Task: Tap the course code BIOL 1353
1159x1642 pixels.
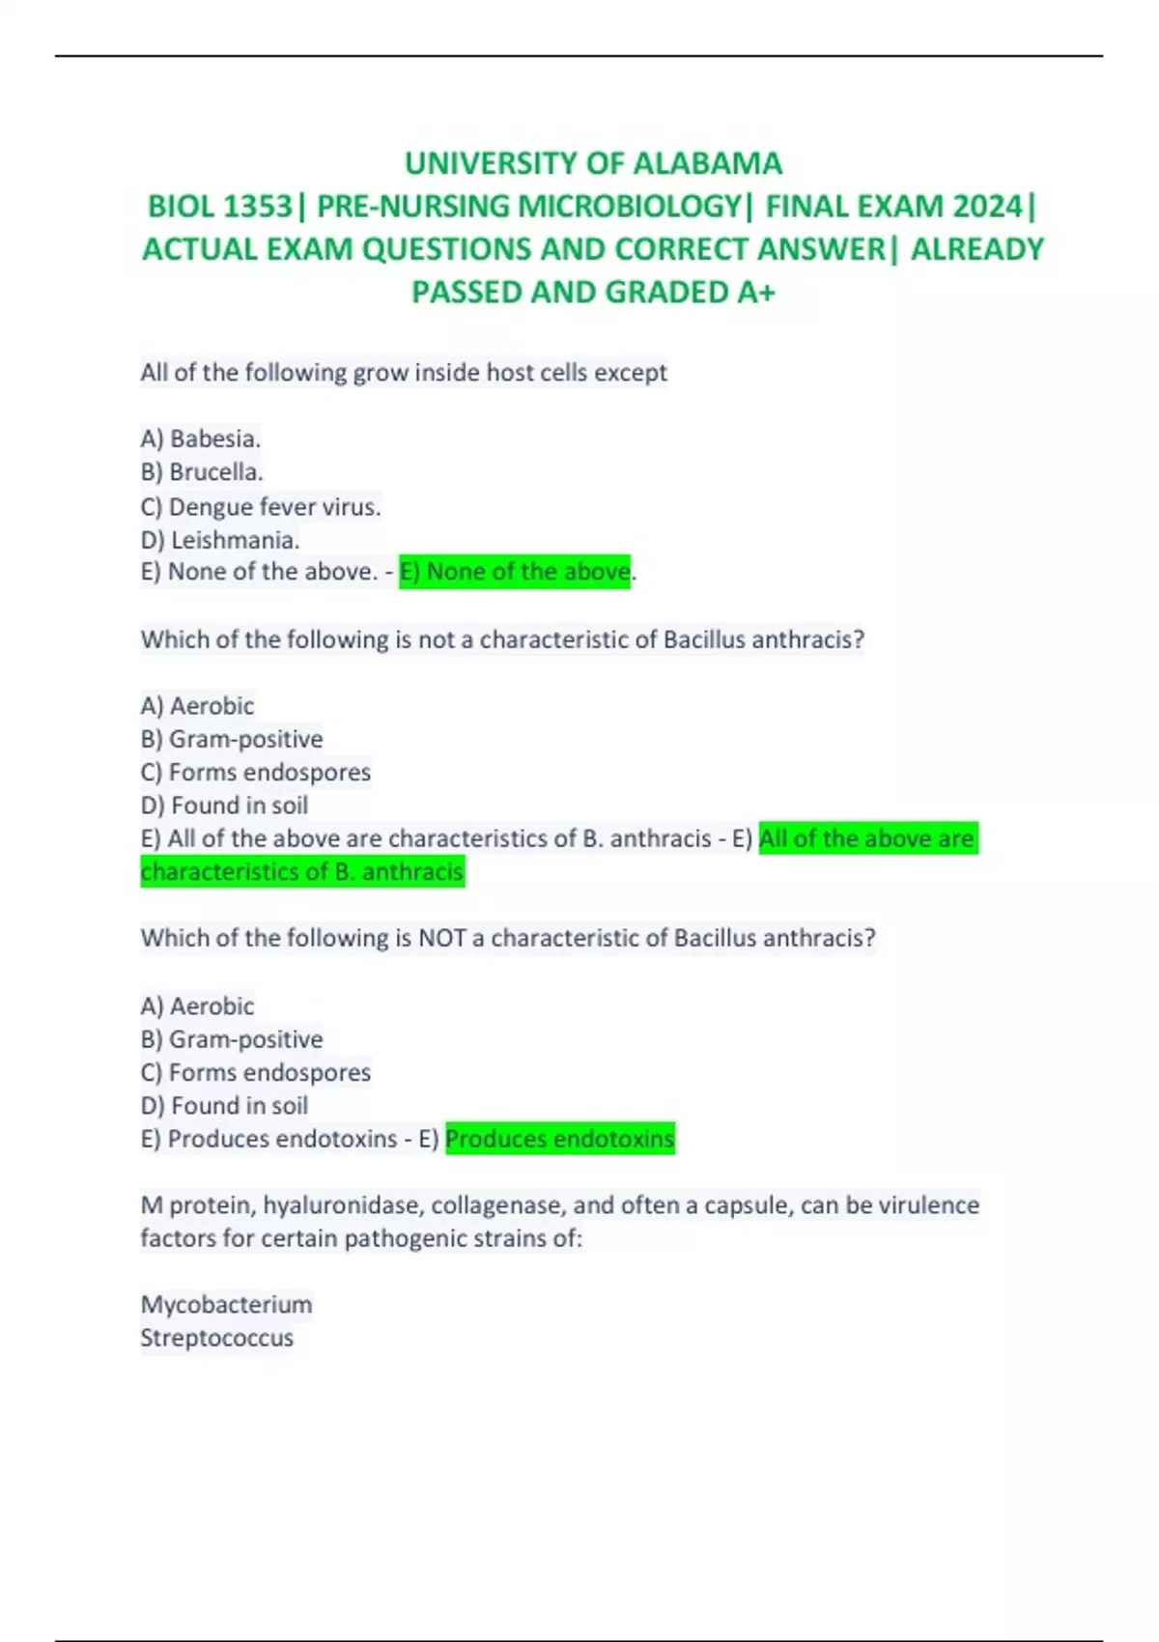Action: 219,207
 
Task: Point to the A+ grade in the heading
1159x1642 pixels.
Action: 755,292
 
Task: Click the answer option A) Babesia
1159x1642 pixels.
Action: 201,439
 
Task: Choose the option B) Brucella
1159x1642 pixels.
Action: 202,472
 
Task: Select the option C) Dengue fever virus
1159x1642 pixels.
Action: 261,506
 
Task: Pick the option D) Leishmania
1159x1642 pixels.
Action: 220,540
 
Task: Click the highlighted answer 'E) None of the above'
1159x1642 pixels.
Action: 514,572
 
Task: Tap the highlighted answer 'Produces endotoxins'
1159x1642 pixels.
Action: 560,1139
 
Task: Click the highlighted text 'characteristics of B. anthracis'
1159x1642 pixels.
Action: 302,871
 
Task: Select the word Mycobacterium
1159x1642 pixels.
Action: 226,1305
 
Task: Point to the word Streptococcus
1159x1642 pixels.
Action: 217,1338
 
